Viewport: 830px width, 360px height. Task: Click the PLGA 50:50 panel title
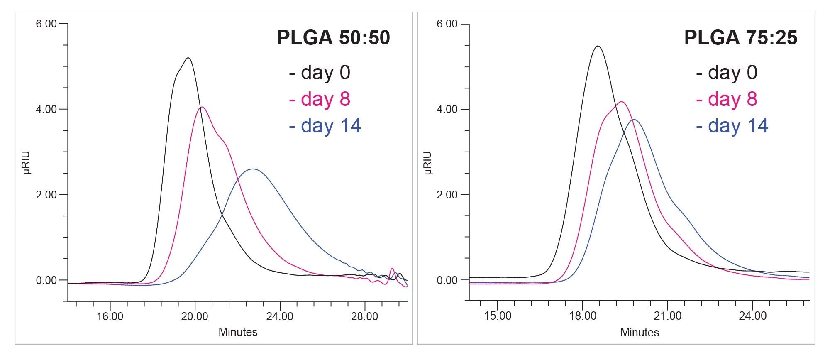(333, 37)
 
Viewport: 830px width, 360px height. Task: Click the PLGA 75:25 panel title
(740, 37)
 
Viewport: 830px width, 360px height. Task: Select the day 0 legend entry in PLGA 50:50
(320, 73)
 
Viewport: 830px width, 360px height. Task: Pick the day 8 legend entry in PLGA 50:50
(320, 99)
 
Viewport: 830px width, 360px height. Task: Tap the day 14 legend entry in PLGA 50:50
(325, 126)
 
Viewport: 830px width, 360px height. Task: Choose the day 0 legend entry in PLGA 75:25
(727, 73)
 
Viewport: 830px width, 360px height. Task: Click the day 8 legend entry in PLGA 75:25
(727, 99)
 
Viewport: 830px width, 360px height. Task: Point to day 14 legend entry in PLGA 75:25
(732, 126)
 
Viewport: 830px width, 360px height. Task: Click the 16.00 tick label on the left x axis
(110, 316)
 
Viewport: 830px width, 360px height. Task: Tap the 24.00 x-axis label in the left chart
(280, 316)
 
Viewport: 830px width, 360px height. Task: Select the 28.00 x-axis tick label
(364, 316)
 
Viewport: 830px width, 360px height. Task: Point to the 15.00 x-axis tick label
(498, 316)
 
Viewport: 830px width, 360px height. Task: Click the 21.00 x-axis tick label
(667, 316)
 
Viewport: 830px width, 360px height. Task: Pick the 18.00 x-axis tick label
(583, 316)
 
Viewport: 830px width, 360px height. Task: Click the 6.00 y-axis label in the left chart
(46, 24)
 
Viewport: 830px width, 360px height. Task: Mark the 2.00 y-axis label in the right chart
(447, 195)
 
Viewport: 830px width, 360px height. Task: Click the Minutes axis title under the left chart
(238, 332)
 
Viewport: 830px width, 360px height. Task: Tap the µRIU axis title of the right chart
(429, 163)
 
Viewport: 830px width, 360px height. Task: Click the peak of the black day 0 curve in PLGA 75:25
(598, 46)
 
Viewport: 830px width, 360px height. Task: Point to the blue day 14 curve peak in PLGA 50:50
(253, 169)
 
